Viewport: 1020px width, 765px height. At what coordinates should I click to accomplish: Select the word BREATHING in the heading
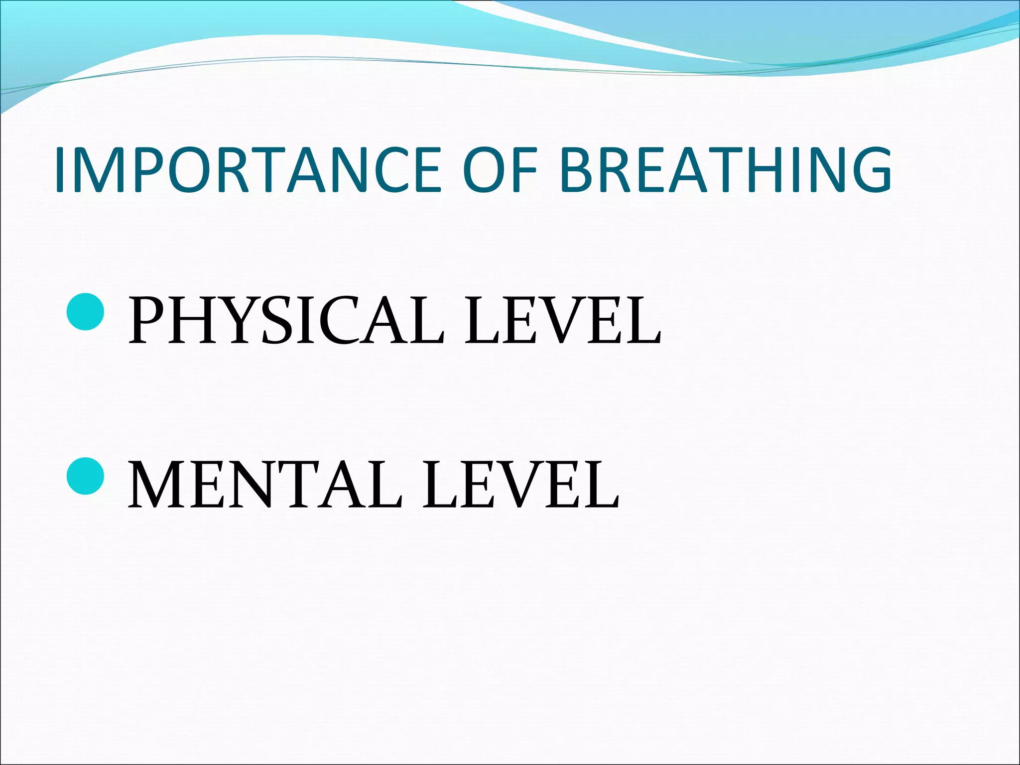(x=725, y=169)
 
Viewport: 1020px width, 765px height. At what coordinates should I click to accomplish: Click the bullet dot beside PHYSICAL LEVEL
(x=85, y=312)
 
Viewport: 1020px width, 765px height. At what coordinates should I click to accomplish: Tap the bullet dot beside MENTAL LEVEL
(x=85, y=476)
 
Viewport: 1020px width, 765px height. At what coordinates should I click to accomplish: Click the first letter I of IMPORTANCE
(x=61, y=169)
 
